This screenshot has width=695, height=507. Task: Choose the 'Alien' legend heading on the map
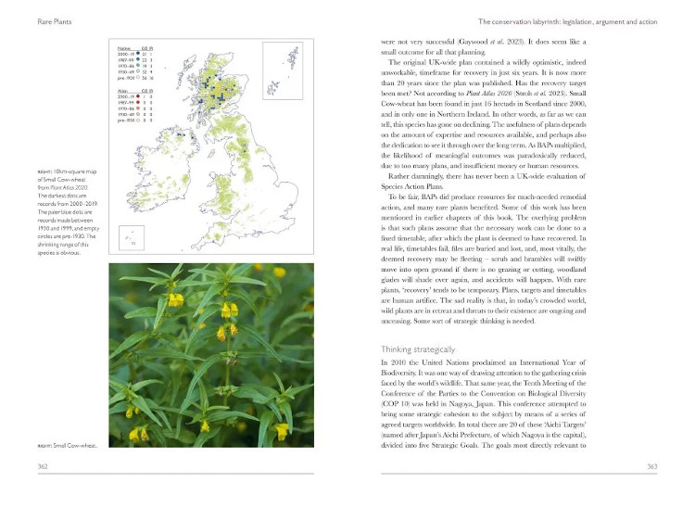click(121, 91)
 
